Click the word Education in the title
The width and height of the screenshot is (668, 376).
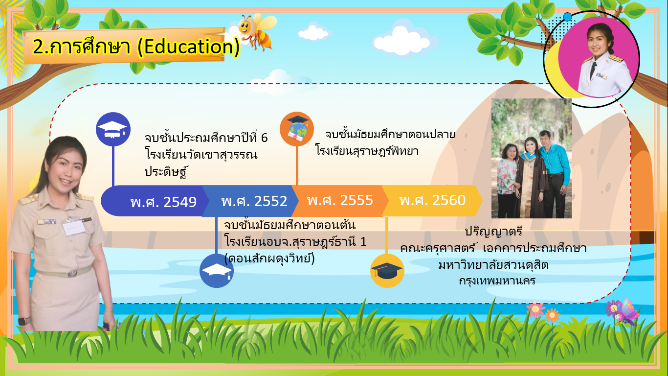point(188,47)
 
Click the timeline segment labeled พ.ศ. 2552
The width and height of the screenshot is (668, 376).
point(250,201)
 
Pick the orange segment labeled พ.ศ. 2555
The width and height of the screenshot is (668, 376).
point(340,201)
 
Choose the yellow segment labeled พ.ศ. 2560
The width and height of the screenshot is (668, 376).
point(432,201)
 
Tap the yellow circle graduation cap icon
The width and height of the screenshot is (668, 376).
point(387,271)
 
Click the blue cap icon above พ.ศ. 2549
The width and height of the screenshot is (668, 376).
point(113,129)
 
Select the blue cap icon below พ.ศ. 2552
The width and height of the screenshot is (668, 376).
point(217,271)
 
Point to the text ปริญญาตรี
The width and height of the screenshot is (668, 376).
point(494,232)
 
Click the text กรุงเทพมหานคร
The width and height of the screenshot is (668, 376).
point(497,281)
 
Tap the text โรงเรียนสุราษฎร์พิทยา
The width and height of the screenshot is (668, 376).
point(367,150)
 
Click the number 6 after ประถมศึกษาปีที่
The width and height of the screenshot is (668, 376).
point(264,138)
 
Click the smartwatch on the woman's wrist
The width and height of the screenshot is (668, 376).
point(24,321)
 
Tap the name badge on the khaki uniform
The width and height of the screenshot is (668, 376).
point(74,228)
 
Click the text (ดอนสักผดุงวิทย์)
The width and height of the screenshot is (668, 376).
point(269,258)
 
